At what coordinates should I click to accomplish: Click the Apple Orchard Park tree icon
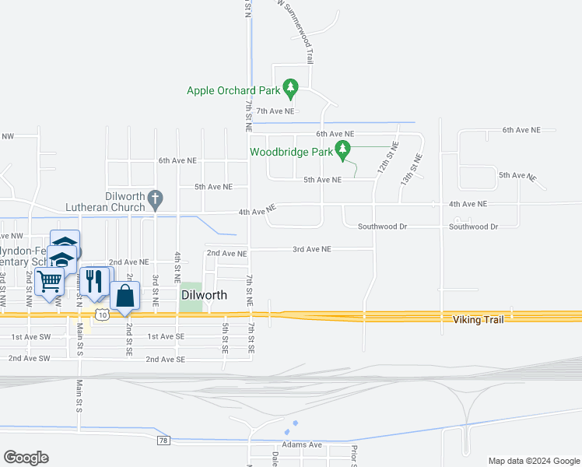[290, 88]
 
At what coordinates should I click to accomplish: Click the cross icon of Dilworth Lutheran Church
[155, 199]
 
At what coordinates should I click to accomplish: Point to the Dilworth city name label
[204, 296]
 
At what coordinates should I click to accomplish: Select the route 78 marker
[163, 441]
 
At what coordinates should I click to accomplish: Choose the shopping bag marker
[124, 296]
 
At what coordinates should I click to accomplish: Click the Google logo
[26, 458]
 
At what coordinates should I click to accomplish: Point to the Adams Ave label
[303, 444]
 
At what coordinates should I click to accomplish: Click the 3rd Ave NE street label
[312, 249]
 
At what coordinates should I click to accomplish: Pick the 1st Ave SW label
[30, 337]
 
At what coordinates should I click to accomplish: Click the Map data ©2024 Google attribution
[533, 461]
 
